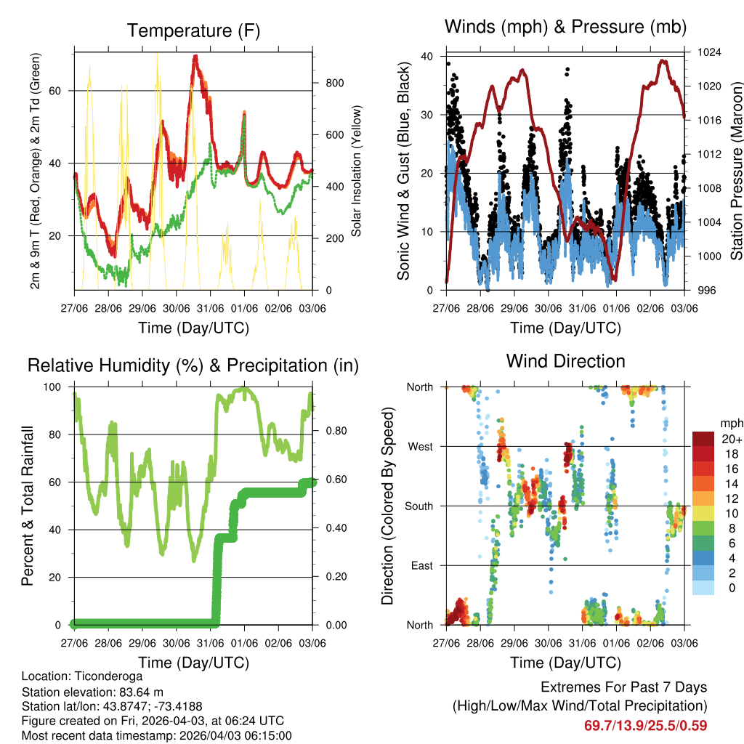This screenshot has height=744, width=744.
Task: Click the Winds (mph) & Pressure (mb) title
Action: pyautogui.click(x=565, y=27)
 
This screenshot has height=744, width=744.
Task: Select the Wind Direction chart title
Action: pyautogui.click(x=565, y=360)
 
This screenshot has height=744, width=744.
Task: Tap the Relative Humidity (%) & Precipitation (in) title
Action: pyautogui.click(x=193, y=365)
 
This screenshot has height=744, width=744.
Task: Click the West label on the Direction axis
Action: pyautogui.click(x=420, y=446)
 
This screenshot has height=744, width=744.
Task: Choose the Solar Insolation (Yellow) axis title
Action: pyautogui.click(x=357, y=171)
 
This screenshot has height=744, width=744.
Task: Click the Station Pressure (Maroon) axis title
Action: pyautogui.click(x=736, y=171)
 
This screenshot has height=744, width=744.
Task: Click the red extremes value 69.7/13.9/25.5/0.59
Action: pyautogui.click(x=645, y=725)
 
